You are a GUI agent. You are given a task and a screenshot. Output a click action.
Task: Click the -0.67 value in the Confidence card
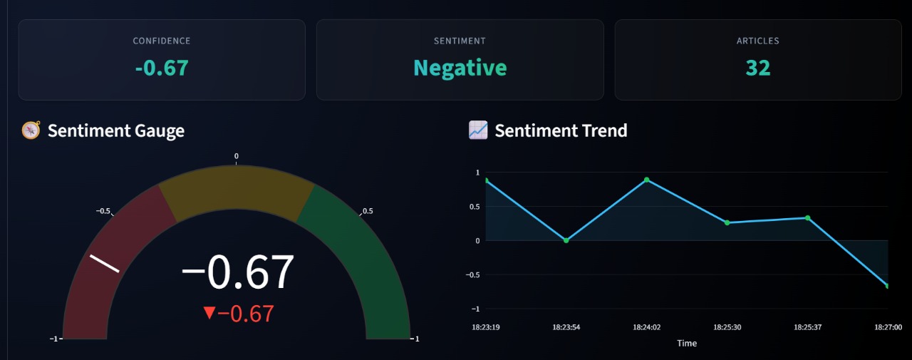tap(162, 68)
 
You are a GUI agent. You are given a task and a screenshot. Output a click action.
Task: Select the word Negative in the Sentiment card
tap(460, 68)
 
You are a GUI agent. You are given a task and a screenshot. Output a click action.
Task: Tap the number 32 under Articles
tap(758, 68)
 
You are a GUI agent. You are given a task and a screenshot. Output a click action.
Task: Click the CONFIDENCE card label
tap(162, 41)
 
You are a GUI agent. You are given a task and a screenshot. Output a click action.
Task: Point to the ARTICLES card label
tap(758, 41)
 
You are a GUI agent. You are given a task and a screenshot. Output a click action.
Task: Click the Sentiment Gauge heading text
tap(116, 130)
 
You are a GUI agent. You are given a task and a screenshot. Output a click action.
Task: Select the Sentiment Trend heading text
tap(561, 130)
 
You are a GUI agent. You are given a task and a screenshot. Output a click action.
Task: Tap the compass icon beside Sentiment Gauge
tap(31, 130)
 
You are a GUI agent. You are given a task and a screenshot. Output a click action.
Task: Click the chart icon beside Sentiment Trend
tap(477, 130)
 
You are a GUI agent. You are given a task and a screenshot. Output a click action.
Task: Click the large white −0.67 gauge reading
tap(237, 272)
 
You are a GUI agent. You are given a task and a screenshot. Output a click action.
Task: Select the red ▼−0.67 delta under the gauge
tap(238, 314)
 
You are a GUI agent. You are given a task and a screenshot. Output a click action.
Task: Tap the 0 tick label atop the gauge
tap(237, 156)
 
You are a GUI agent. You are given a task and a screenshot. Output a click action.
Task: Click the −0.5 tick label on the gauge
tap(103, 211)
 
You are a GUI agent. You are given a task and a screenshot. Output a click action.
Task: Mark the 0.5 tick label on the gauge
tap(368, 211)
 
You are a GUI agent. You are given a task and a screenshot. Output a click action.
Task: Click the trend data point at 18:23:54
tap(566, 240)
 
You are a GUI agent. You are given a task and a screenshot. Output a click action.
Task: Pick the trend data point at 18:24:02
tap(647, 180)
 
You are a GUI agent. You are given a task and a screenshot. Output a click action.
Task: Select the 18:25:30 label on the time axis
tap(727, 327)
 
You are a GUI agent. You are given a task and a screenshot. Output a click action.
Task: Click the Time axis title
tap(687, 343)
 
